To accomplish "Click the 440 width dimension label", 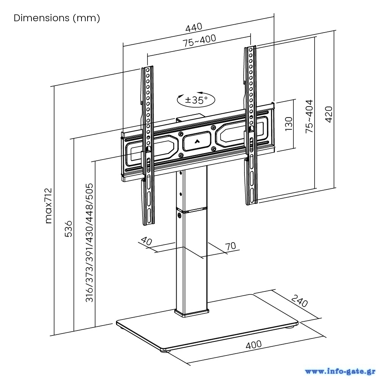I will pyautogui.click(x=194, y=28).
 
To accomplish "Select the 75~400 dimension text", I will pyautogui.click(x=200, y=41).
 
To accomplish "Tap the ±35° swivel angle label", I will pyautogui.click(x=196, y=100).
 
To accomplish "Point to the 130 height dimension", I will pyautogui.click(x=289, y=124).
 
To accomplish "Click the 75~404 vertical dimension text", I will pyautogui.click(x=310, y=116).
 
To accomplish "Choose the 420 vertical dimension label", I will pyautogui.click(x=329, y=114).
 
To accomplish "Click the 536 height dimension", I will pyautogui.click(x=68, y=228).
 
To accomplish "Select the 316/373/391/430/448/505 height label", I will pyautogui.click(x=89, y=243).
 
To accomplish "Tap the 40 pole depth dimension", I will pyautogui.click(x=147, y=241).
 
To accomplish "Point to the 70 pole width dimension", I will pyautogui.click(x=230, y=246).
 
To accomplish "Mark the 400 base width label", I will pyautogui.click(x=254, y=345).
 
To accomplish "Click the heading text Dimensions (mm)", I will pyautogui.click(x=57, y=18).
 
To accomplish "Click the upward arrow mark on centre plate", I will pyautogui.click(x=197, y=141).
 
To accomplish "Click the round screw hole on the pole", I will pyautogui.click(x=179, y=217).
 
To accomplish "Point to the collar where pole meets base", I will pyautogui.click(x=191, y=313).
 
